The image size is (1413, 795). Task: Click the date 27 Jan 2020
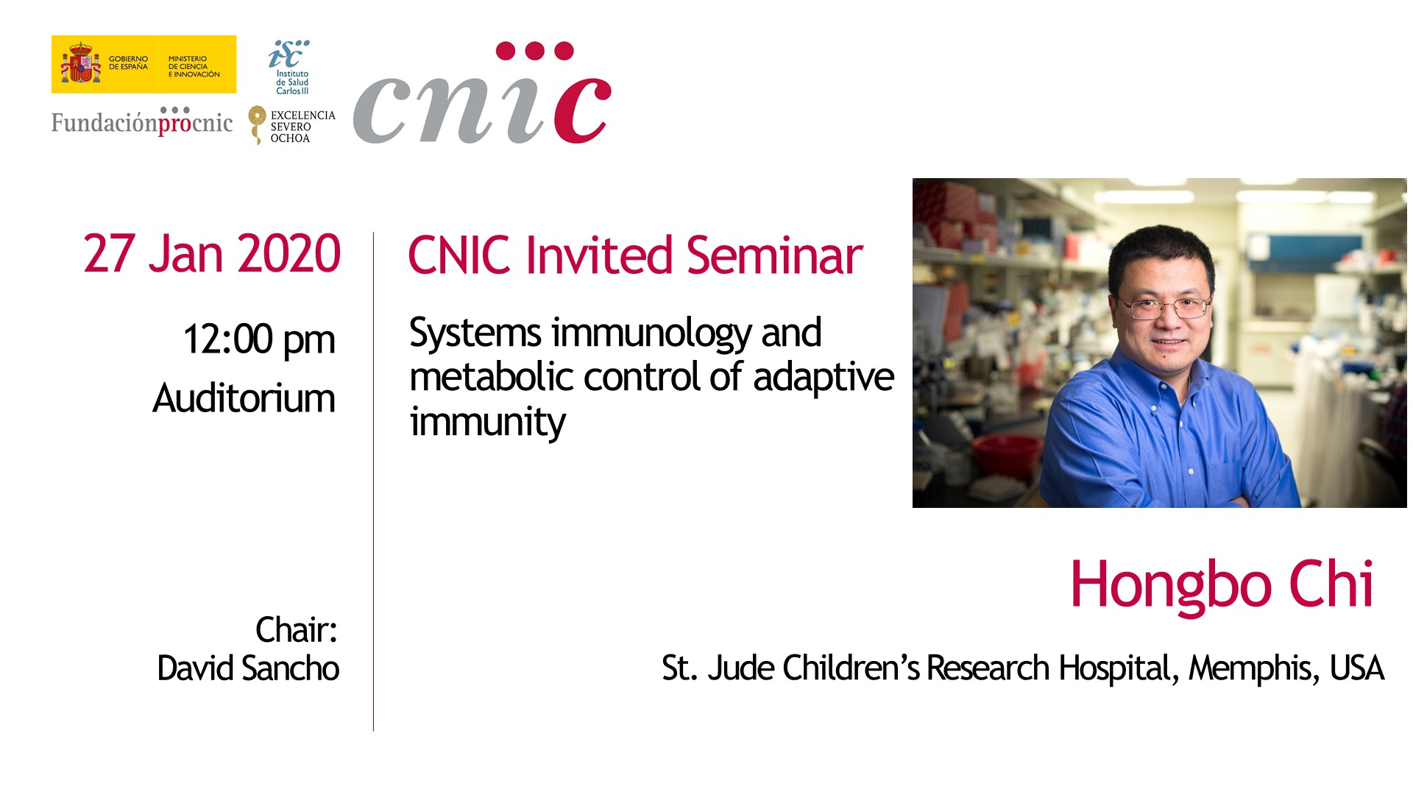[x=212, y=254]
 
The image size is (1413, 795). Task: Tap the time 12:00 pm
[x=259, y=340]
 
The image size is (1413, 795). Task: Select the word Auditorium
[x=244, y=398]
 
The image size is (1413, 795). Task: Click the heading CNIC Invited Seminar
[x=635, y=255]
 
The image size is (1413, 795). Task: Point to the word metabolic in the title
[x=492, y=376]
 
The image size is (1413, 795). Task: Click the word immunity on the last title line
[x=488, y=422]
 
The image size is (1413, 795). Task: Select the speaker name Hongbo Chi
[x=1222, y=584]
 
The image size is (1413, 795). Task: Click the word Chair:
[x=297, y=629]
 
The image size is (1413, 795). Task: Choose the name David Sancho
[x=249, y=668]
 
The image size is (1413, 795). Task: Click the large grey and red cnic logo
[x=482, y=94]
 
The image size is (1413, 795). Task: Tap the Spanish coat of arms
[x=80, y=63]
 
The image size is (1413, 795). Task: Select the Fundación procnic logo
[x=142, y=121]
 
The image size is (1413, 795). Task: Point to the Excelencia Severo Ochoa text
[x=302, y=127]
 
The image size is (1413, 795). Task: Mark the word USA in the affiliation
[x=1357, y=668]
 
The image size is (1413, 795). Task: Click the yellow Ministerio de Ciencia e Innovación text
[x=194, y=66]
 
